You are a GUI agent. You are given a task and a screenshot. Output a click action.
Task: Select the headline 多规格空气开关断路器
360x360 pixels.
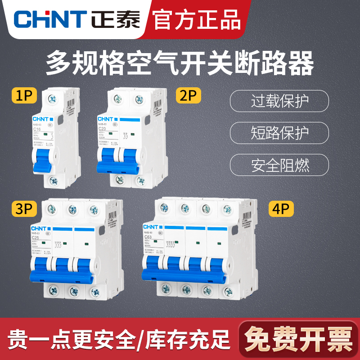(x=180, y=63)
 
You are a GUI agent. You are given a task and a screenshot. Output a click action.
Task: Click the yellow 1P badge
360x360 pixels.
(x=25, y=96)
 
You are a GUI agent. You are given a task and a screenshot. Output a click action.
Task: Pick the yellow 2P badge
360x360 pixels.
(x=189, y=96)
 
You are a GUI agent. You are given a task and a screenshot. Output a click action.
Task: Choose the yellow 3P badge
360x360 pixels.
(x=25, y=209)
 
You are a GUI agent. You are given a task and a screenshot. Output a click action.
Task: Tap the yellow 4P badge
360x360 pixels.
(x=281, y=209)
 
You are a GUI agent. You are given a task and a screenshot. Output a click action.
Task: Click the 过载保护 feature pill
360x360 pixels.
(x=279, y=101)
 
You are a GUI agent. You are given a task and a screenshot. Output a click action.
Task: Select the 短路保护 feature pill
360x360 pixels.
(x=279, y=133)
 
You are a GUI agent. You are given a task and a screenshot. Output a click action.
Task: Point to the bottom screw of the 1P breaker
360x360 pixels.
(x=53, y=182)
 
